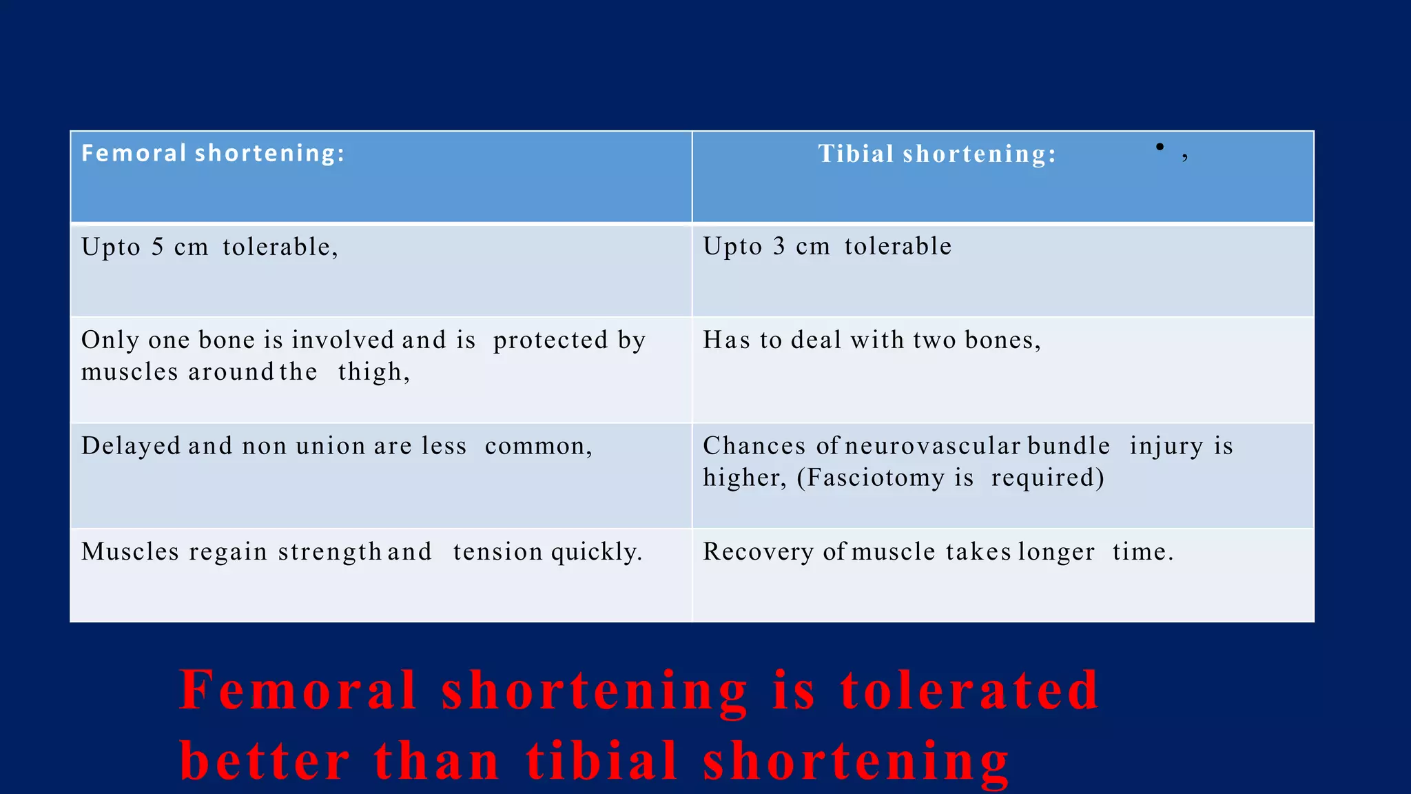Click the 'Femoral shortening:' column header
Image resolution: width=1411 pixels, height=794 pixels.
[213, 153]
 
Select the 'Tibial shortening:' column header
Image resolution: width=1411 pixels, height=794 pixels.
[936, 154]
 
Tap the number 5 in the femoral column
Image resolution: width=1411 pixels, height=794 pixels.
[158, 247]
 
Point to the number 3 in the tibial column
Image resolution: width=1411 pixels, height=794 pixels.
[779, 247]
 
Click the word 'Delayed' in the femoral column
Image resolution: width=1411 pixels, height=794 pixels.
[131, 446]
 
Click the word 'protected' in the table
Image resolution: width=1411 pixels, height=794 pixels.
[550, 340]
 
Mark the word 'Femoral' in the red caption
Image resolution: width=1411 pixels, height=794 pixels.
[298, 690]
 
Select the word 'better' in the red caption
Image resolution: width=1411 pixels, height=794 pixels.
[265, 761]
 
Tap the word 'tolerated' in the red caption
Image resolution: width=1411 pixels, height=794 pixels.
[969, 690]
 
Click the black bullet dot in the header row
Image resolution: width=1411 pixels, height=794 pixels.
[1160, 146]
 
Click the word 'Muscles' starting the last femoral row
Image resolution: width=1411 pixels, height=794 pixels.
[130, 552]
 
